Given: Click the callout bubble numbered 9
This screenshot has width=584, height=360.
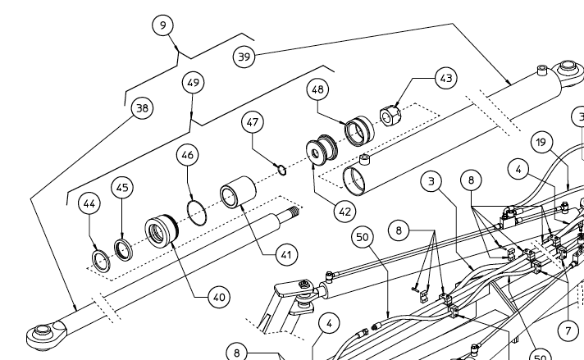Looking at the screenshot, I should (163, 25).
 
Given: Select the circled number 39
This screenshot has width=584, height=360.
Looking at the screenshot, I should (243, 56).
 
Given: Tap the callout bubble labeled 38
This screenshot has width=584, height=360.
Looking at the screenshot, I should (143, 107).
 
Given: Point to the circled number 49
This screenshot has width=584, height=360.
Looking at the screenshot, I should (194, 83).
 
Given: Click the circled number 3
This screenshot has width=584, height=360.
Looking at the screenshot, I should (434, 180).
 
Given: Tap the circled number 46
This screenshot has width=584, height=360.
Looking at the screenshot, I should (188, 153).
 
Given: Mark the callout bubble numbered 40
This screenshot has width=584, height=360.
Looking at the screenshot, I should (217, 297).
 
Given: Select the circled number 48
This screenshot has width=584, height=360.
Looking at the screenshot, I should (319, 88).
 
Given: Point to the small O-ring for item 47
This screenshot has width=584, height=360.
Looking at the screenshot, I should (281, 171).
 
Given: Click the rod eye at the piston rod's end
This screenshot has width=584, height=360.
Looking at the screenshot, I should (41, 334).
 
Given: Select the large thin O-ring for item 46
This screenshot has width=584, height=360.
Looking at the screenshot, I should (198, 210).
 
